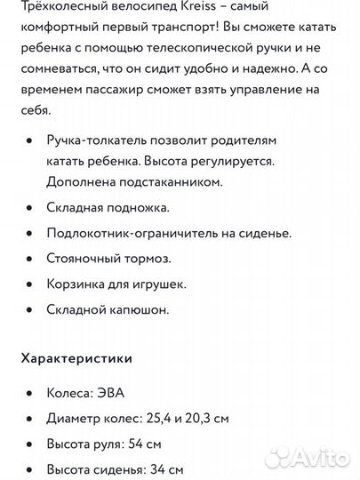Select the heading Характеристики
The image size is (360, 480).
(76, 358)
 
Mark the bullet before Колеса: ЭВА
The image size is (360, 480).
(31, 392)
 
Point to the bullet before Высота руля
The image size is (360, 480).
(31, 444)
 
